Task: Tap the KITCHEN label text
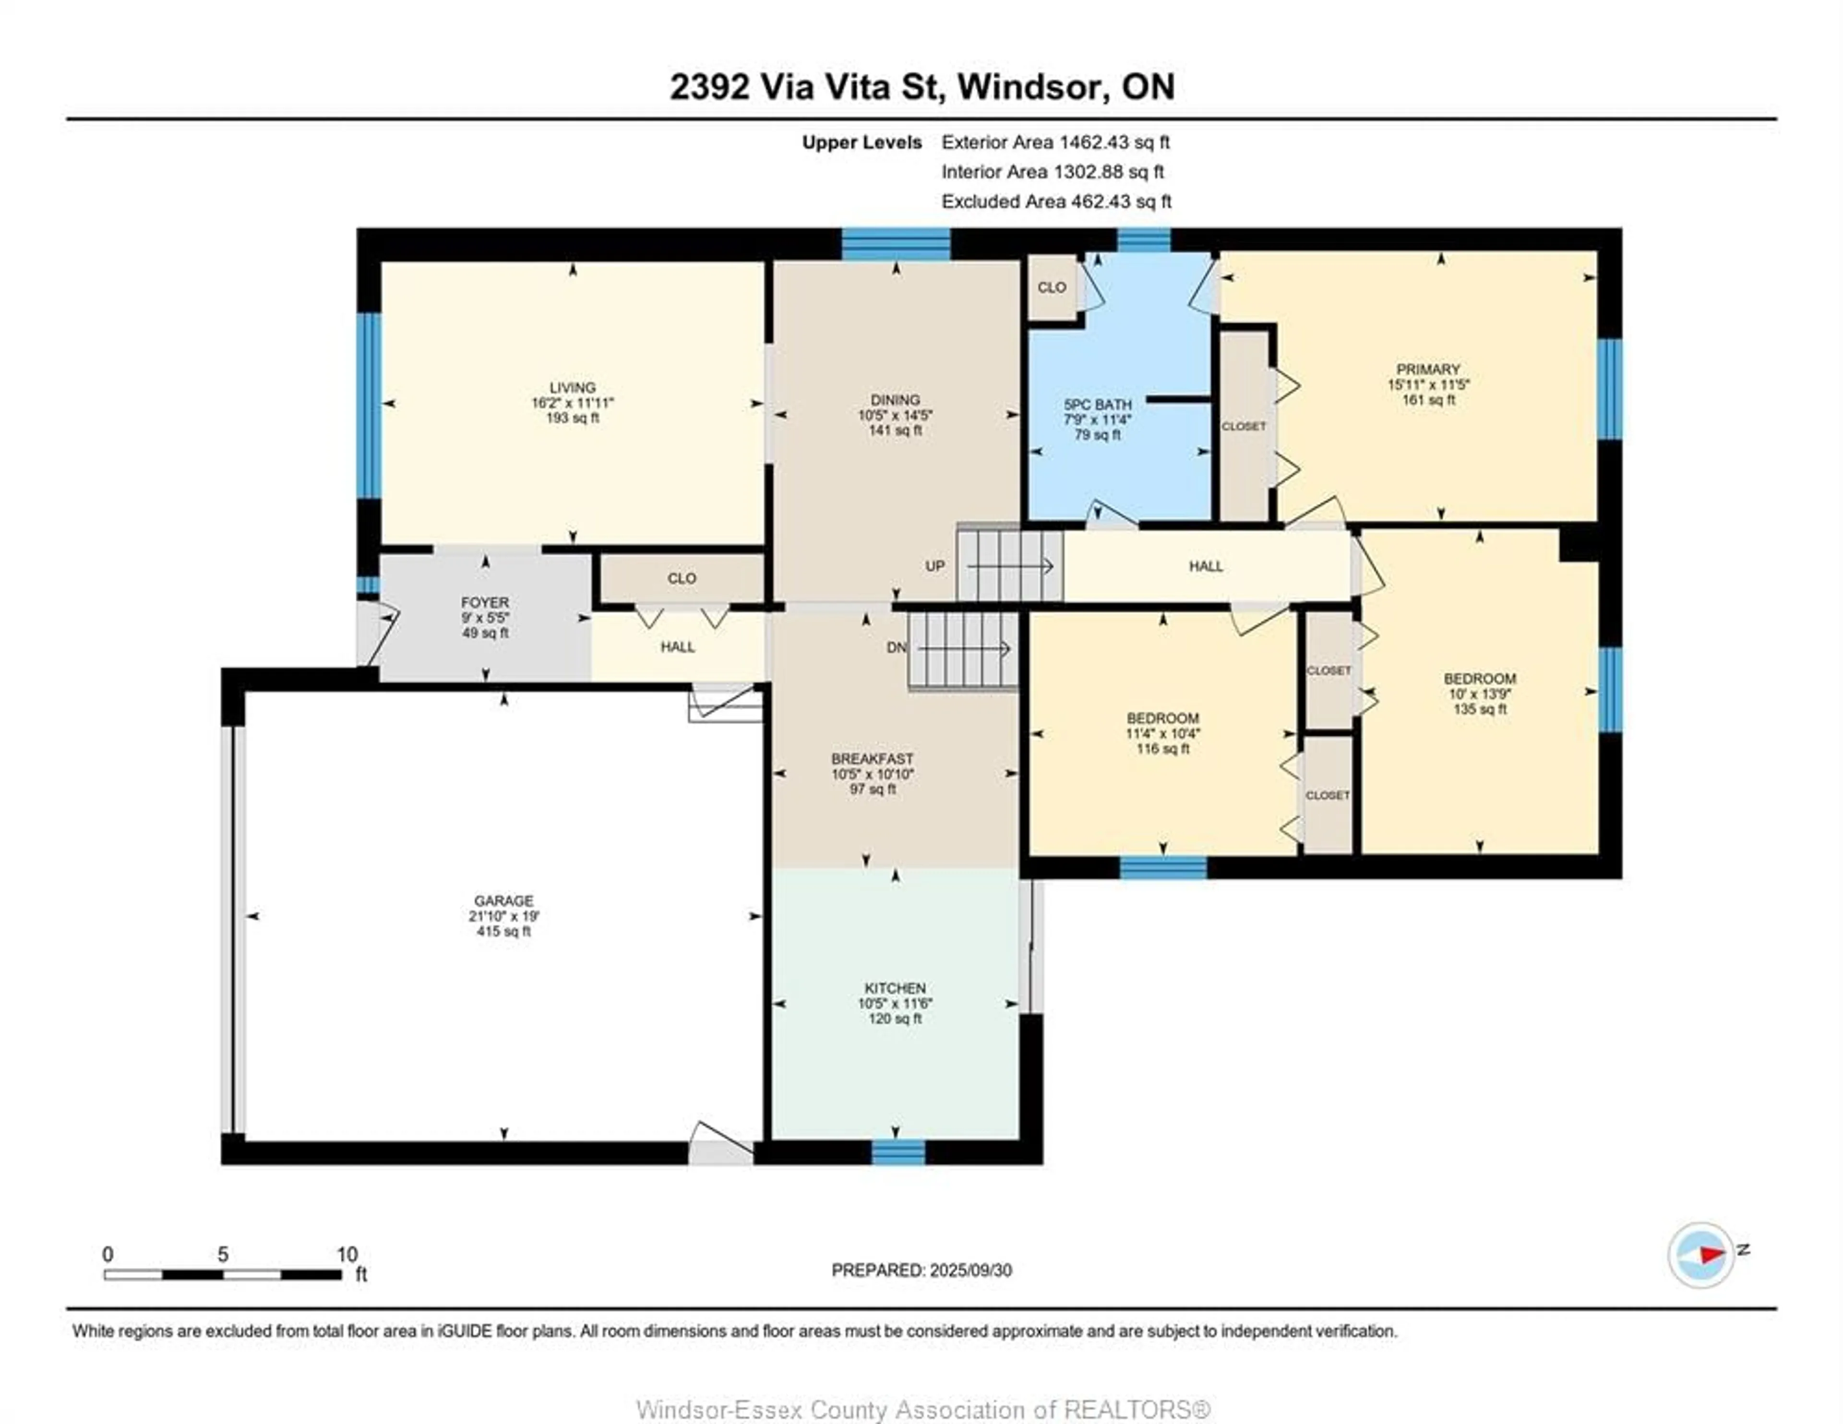tap(895, 988)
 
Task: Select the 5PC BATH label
tap(1097, 404)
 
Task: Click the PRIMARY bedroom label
tap(1428, 369)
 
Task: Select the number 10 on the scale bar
tap(347, 1254)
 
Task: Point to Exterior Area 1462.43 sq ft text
tap(1055, 142)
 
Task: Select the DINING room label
tap(895, 399)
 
